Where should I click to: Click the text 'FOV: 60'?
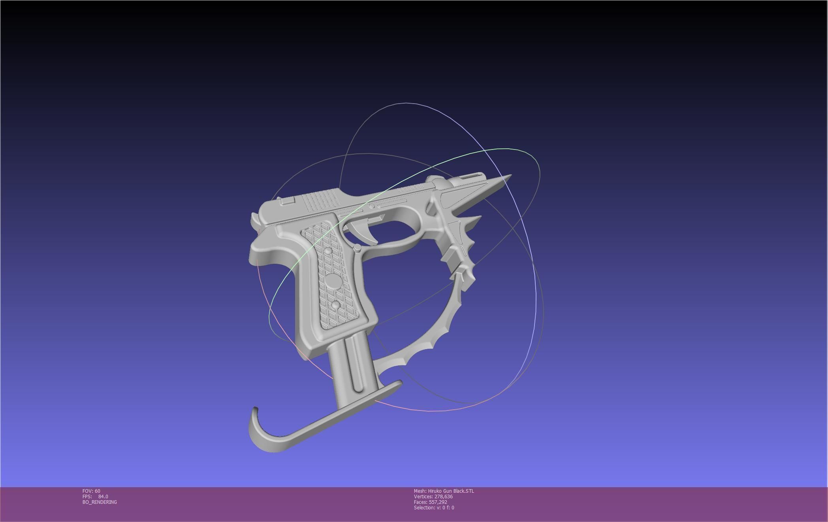[91, 491]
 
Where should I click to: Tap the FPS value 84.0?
[103, 496]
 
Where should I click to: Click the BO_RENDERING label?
[100, 502]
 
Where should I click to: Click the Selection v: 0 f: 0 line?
[434, 507]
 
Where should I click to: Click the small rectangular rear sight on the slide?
[288, 200]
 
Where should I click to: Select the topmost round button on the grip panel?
[328, 251]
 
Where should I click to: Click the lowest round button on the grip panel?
[336, 305]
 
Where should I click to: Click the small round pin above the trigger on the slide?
[371, 206]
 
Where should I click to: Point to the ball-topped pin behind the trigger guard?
[358, 248]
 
